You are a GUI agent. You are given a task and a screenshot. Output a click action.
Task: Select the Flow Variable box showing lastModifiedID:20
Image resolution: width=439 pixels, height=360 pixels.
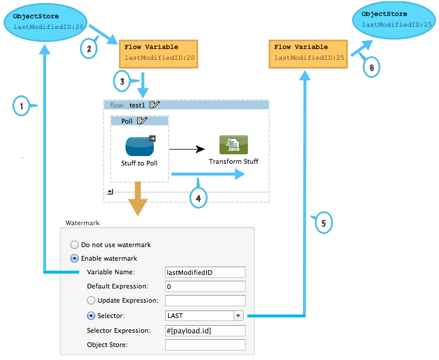pyautogui.click(x=159, y=53)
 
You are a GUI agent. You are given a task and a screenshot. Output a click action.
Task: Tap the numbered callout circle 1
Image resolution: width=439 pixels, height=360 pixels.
pyautogui.click(x=21, y=106)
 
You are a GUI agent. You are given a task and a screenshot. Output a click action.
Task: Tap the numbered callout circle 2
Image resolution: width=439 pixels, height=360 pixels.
pyautogui.click(x=88, y=49)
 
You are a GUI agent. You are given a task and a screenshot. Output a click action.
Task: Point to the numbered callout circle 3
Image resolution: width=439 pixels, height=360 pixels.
pyautogui.click(x=122, y=81)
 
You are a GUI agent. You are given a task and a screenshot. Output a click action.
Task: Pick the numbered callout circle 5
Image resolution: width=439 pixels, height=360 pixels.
pyautogui.click(x=323, y=223)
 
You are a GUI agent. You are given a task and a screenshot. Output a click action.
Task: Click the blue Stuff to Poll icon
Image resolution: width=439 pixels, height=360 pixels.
pyautogui.click(x=140, y=146)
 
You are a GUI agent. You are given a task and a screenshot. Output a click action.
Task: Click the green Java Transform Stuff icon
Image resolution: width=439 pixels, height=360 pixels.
pyautogui.click(x=234, y=145)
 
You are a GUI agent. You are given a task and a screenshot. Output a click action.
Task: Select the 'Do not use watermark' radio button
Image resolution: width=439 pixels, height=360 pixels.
pyautogui.click(x=75, y=245)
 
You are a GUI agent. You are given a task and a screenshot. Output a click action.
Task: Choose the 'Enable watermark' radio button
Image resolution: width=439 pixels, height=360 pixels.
pyautogui.click(x=75, y=258)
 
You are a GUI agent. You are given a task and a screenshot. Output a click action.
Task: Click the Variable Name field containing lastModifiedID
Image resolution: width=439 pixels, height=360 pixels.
pyautogui.click(x=205, y=272)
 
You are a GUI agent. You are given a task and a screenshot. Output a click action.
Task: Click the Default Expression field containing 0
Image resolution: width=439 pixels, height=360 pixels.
pyautogui.click(x=205, y=286)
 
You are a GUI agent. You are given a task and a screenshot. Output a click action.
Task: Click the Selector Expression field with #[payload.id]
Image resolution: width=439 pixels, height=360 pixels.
pyautogui.click(x=205, y=330)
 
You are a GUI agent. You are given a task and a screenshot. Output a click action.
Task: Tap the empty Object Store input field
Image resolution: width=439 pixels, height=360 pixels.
pyautogui.click(x=205, y=345)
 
